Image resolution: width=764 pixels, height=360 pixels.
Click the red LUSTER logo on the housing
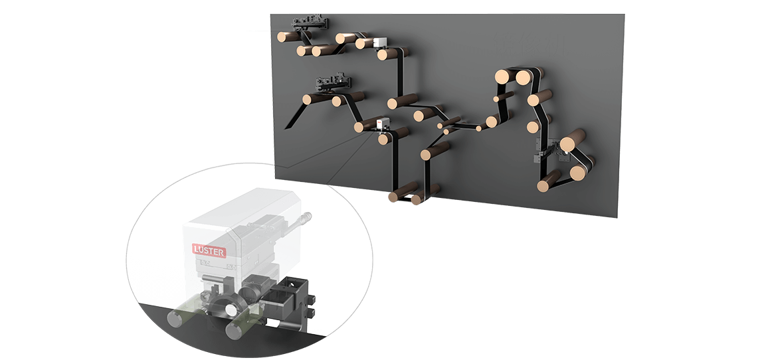(x=209, y=250)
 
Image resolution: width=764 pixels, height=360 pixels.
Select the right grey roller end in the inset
(x=235, y=329)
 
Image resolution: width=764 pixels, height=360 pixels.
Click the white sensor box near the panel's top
(x=379, y=43)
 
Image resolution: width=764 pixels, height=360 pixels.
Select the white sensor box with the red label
(x=383, y=124)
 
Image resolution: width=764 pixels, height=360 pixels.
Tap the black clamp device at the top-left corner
(x=310, y=22)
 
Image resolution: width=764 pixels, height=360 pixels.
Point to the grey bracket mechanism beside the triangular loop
(x=549, y=150)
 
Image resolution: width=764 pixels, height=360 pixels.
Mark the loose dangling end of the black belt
(x=290, y=125)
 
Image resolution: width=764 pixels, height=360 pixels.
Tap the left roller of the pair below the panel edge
(x=402, y=191)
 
